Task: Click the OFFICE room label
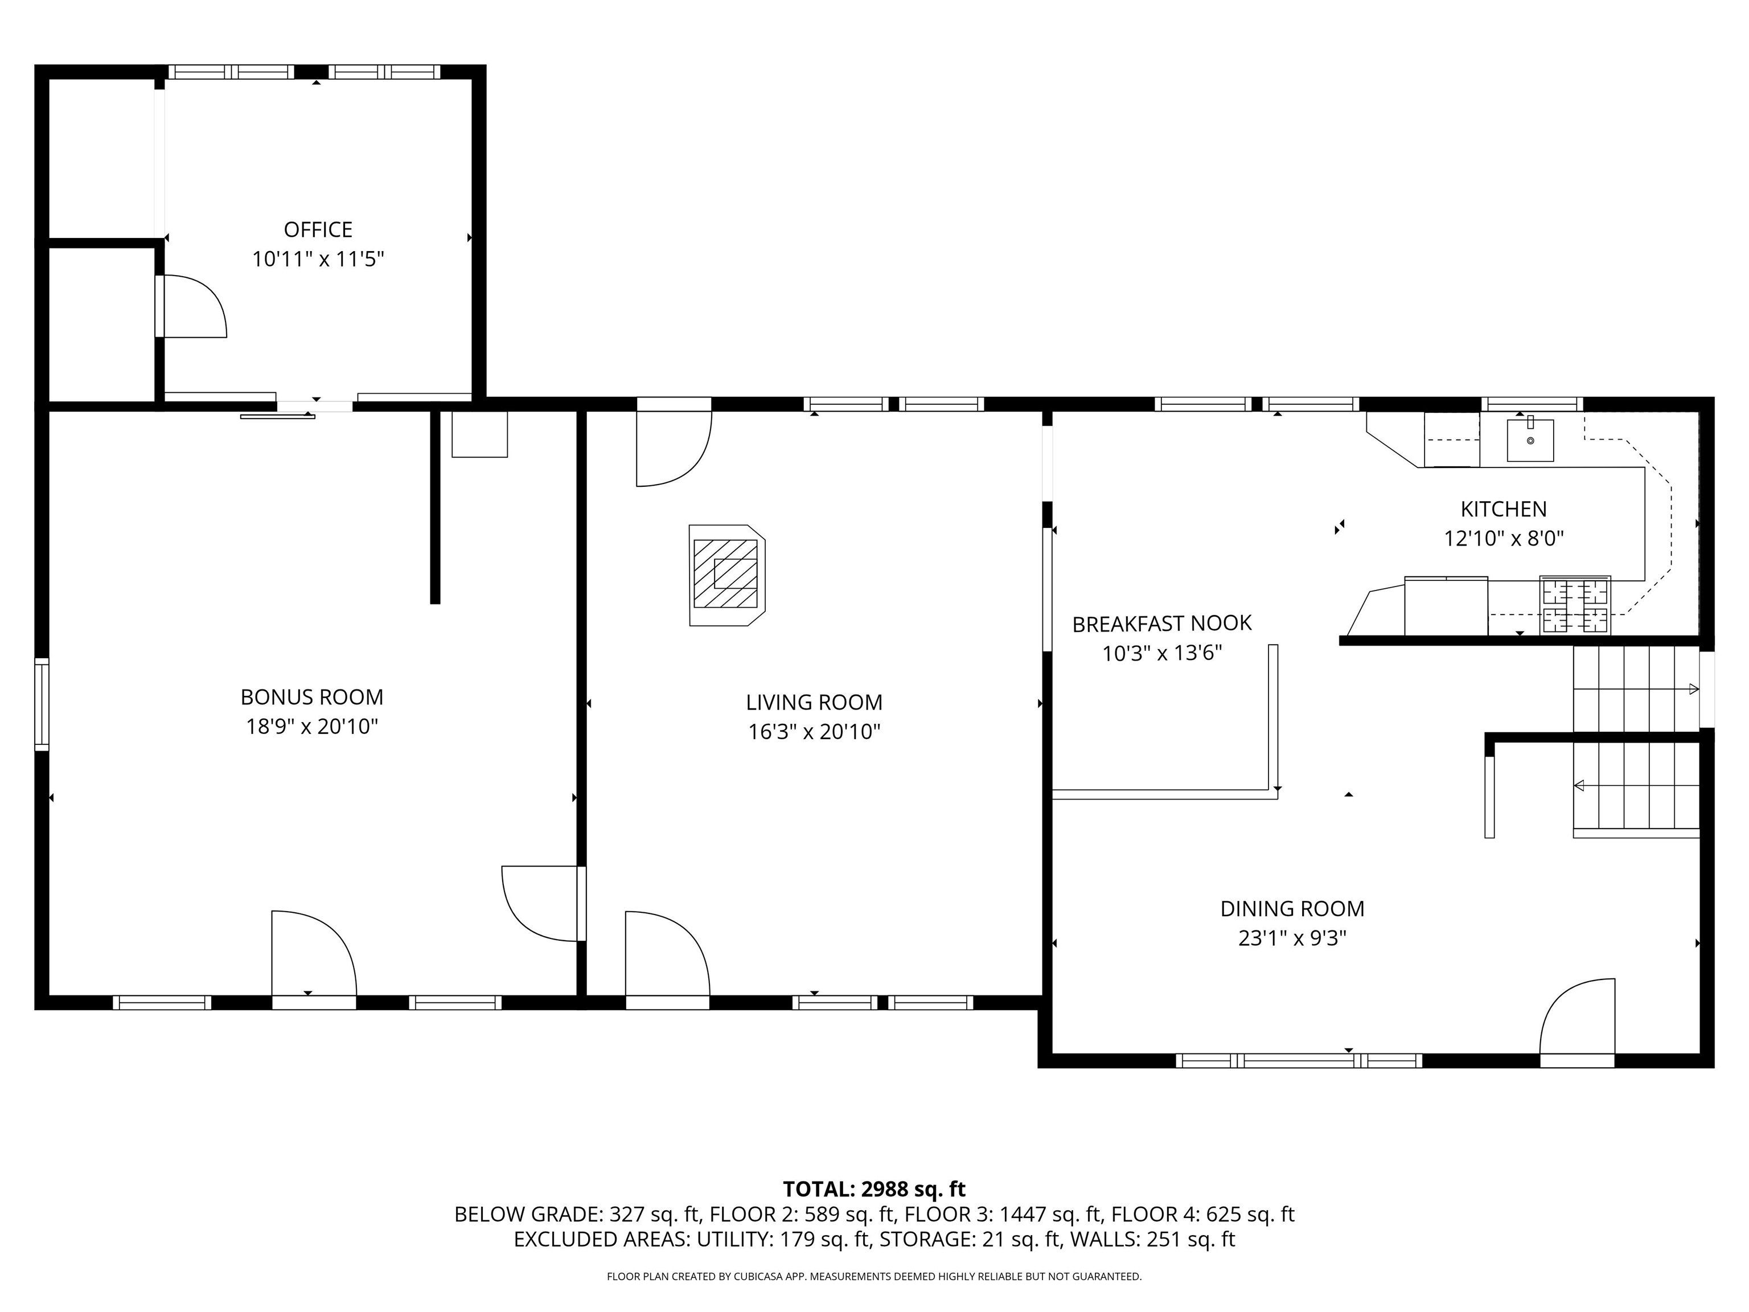click(x=318, y=229)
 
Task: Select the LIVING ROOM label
click(x=814, y=702)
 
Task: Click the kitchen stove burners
click(x=1575, y=605)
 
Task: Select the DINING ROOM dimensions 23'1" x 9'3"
click(x=1292, y=938)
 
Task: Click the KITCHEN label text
click(x=1503, y=509)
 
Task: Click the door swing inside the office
click(x=194, y=307)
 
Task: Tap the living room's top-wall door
click(x=674, y=447)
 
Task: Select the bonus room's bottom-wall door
click(x=313, y=957)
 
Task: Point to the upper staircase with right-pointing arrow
click(x=1635, y=689)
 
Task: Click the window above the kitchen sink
click(x=1532, y=404)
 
